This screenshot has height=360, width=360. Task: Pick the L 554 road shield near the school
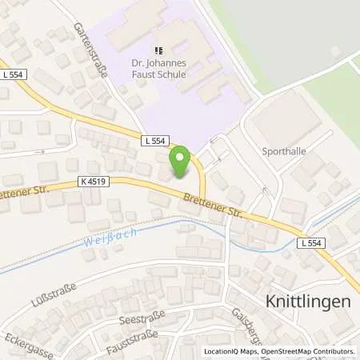pos(157,141)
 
